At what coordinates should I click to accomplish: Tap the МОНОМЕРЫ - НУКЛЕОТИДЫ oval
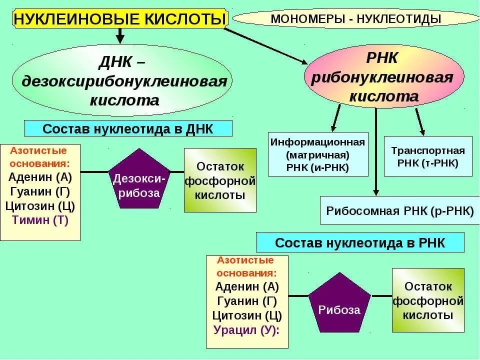point(355,19)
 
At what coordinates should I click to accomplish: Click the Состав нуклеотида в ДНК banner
point(128,128)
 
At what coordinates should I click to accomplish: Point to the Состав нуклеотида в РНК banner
point(360,243)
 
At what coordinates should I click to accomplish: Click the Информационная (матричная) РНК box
point(318,154)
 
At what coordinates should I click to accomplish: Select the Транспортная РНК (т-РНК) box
point(428,156)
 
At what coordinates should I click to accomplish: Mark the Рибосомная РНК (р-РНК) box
point(399,210)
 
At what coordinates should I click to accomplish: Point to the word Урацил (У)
point(246,330)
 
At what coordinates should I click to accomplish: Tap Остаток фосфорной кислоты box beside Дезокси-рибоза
point(220,180)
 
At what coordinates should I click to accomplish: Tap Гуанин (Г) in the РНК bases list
point(247,301)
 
